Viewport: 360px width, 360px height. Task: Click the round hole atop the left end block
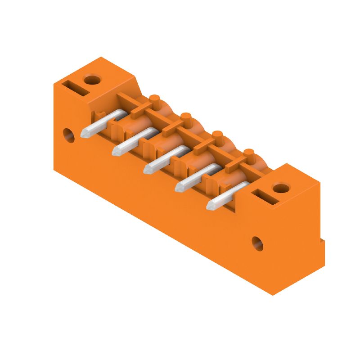[92, 81]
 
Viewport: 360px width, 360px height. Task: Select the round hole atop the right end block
[281, 188]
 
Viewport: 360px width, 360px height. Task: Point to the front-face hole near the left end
[68, 135]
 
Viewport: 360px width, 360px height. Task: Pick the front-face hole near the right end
[257, 243]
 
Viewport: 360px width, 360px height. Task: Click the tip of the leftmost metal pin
[84, 133]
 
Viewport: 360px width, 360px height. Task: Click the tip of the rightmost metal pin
[210, 205]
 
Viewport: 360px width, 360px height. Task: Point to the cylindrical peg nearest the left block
[154, 99]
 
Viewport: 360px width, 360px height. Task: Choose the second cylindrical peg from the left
[186, 117]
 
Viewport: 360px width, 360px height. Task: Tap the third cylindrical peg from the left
[217, 135]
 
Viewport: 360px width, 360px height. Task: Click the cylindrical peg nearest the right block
[248, 153]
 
